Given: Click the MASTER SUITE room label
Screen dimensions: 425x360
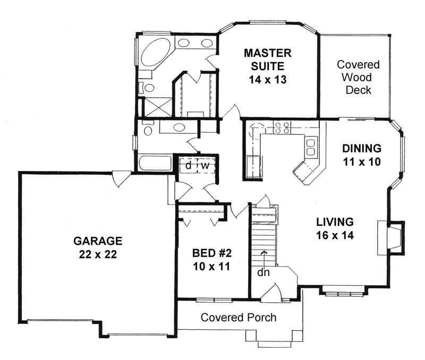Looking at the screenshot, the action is click(x=268, y=66).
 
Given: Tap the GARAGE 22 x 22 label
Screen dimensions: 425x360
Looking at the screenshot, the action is click(x=98, y=247).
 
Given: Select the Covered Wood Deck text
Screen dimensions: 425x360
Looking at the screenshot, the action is click(x=358, y=77).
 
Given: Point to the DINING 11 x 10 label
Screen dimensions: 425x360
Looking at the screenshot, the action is click(x=362, y=155).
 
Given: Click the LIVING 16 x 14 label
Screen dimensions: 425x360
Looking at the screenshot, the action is click(x=335, y=228).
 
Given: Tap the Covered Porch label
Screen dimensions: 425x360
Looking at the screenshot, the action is click(x=239, y=318).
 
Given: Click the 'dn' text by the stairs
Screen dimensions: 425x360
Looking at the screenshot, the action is click(x=263, y=272).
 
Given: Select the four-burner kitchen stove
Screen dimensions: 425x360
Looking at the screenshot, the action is click(x=282, y=127).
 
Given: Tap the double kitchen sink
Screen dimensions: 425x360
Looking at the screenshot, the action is click(x=311, y=147).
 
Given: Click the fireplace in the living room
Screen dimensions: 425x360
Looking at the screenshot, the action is click(x=392, y=238).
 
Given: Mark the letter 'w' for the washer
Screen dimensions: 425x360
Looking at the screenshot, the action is click(x=205, y=165).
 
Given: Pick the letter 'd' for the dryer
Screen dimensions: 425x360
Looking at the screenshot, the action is click(x=189, y=165).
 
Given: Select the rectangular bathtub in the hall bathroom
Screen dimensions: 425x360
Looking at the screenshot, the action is click(x=155, y=162).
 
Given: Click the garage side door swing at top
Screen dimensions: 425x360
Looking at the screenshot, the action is click(x=121, y=179).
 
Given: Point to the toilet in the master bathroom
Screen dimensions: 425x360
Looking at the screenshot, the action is click(x=147, y=88).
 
